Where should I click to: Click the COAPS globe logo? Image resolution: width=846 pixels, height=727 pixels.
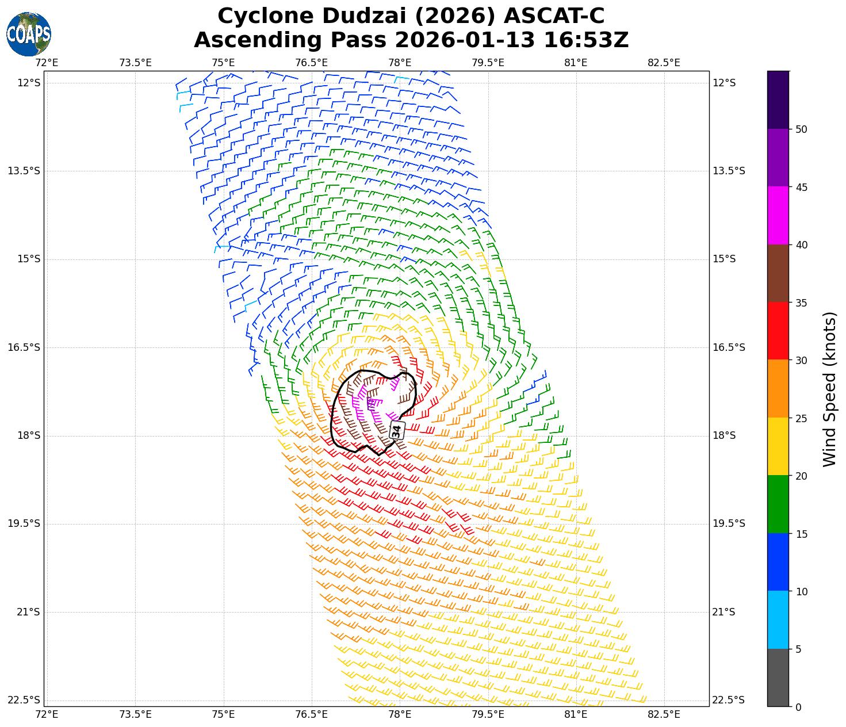(29, 34)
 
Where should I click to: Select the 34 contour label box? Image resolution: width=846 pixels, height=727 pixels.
(397, 430)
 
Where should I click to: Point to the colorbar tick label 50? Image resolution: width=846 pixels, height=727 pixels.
(801, 129)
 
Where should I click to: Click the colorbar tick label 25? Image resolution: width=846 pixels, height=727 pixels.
(801, 418)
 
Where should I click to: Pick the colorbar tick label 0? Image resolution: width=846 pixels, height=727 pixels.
(798, 707)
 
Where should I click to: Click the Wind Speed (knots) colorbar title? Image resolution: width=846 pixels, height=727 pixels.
(829, 389)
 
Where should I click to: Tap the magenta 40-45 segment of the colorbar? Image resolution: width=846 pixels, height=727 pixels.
(778, 216)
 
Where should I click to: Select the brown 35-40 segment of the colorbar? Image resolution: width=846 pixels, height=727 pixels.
(778, 273)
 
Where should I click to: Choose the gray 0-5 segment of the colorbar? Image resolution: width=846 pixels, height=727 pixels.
(778, 678)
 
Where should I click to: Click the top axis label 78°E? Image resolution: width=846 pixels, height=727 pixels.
(400, 63)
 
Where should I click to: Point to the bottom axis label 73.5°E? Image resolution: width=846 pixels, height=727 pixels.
(135, 714)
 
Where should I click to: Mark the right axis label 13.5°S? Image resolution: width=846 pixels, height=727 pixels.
(729, 171)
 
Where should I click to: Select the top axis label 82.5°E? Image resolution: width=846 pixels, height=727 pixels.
(664, 63)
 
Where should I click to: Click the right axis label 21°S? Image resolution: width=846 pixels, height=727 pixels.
(724, 612)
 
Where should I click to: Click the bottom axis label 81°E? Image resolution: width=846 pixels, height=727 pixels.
(576, 714)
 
